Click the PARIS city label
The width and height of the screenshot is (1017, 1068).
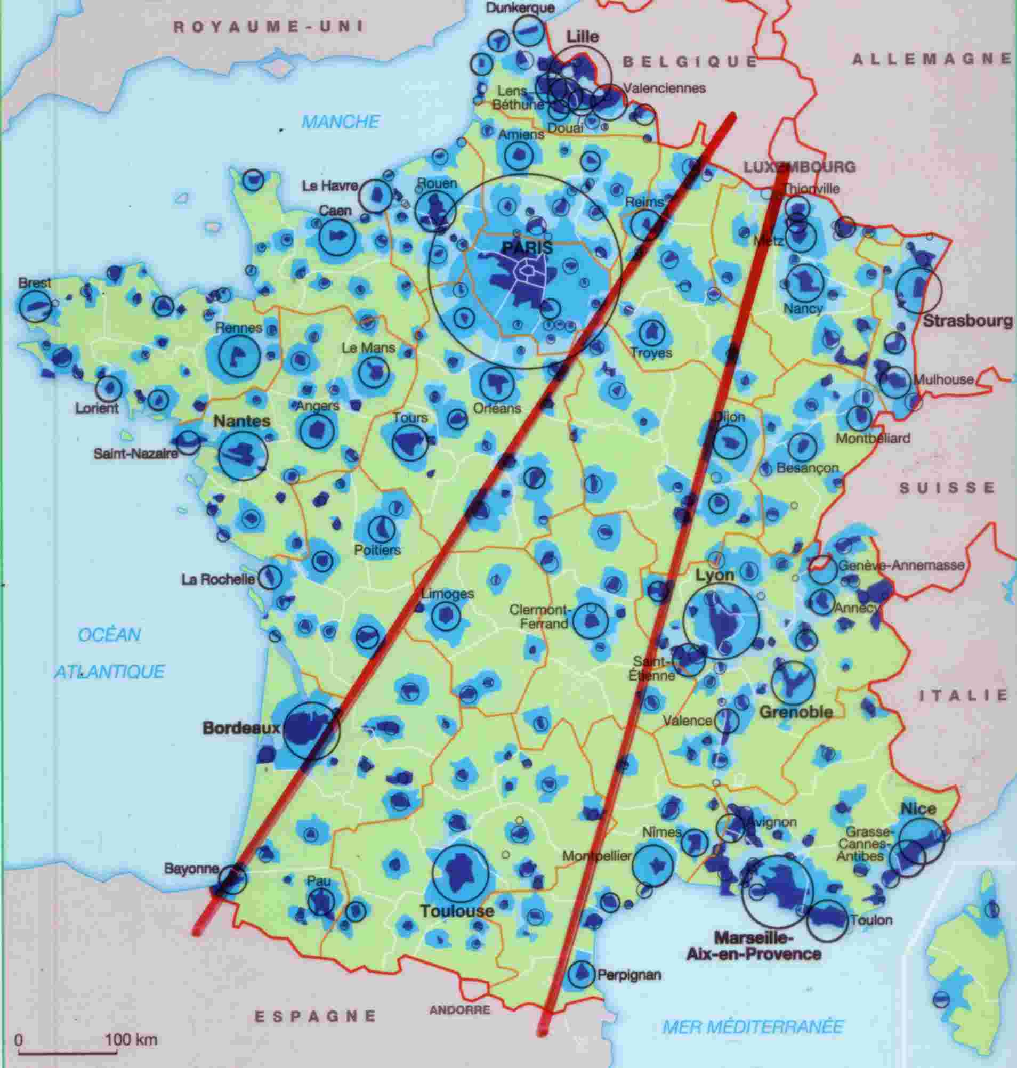527,248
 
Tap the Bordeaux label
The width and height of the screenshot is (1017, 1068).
241,728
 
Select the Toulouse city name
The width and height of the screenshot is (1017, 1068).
457,911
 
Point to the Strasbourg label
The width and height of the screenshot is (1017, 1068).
967,321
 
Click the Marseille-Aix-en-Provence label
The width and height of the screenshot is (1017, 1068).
754,945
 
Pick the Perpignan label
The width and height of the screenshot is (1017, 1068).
629,975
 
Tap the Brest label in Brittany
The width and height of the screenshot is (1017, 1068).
34,283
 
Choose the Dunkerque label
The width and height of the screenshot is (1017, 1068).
520,8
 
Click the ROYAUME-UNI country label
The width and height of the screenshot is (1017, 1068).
268,28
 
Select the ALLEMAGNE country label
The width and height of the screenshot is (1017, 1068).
932,60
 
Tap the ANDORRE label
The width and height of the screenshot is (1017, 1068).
459,1010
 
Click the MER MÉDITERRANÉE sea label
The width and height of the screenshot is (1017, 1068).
754,1026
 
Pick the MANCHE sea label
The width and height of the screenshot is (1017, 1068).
340,122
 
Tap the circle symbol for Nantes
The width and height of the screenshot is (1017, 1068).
243,455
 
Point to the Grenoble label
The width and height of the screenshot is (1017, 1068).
796,712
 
